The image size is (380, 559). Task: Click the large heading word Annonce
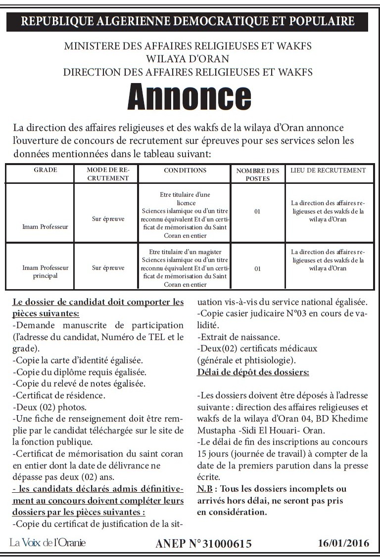189,97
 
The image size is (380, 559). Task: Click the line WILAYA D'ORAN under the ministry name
188,59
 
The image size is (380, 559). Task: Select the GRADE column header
46,171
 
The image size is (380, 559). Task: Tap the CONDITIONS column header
185,171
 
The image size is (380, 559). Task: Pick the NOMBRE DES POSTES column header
257,174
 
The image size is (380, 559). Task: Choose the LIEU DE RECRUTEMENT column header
328,171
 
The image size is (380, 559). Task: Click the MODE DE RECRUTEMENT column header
107,174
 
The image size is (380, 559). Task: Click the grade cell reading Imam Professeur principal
46,271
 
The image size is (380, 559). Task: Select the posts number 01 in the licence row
257,212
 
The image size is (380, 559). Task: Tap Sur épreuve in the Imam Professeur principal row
108,268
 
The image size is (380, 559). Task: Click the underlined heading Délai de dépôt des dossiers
253,372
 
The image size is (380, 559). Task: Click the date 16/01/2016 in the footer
343,543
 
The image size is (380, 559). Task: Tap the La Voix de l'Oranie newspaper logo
47,543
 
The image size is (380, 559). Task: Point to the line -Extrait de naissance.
238,338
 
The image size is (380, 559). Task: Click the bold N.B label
205,489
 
